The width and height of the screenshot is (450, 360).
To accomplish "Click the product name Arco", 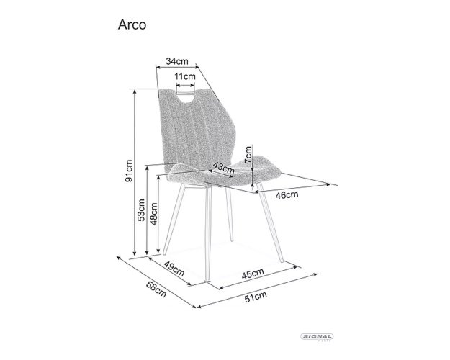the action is pyautogui.click(x=132, y=25).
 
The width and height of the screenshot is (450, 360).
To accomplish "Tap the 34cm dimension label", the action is pyautogui.click(x=177, y=61).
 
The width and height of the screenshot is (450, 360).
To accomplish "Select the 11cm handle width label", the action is pyautogui.click(x=185, y=76).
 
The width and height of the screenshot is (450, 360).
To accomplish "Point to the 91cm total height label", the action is pyautogui.click(x=129, y=171).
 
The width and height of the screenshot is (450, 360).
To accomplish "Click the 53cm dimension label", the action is pyautogui.click(x=141, y=210).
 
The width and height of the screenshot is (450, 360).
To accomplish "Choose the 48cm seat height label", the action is pyautogui.click(x=153, y=214).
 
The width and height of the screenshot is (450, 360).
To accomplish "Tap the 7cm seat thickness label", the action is pyautogui.click(x=248, y=155).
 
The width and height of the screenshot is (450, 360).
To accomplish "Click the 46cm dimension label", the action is pyautogui.click(x=287, y=195).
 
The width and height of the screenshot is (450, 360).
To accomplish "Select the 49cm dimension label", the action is pyautogui.click(x=174, y=269).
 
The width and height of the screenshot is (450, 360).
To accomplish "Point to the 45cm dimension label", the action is pyautogui.click(x=253, y=274).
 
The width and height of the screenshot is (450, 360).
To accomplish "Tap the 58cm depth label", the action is pyautogui.click(x=156, y=289).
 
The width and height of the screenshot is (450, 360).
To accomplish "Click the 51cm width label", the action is pyautogui.click(x=256, y=297).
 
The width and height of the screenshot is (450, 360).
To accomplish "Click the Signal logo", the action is pyautogui.click(x=317, y=337).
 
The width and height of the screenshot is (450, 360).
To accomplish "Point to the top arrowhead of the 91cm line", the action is pyautogui.click(x=135, y=91).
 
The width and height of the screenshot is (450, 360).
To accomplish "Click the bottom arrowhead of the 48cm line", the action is pyautogui.click(x=158, y=250).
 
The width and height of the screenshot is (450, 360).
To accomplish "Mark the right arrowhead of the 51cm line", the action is pyautogui.click(x=315, y=275).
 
